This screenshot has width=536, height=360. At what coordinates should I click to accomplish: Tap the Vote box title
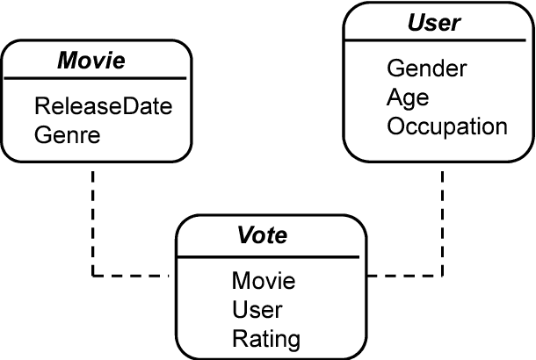point(263,236)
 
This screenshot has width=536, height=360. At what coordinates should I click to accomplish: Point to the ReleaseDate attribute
point(103,107)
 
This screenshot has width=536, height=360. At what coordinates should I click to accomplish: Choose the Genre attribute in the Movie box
point(68,135)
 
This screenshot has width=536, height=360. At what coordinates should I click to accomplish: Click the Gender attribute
point(426,68)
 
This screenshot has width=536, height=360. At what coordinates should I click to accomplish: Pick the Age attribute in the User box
point(407,97)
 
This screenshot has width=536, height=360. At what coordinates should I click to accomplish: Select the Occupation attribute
point(446,126)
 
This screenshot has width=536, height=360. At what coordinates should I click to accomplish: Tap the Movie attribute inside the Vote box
point(264,281)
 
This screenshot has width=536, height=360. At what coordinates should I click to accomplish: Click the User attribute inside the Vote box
point(257,309)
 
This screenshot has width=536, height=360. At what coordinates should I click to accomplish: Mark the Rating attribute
point(265,338)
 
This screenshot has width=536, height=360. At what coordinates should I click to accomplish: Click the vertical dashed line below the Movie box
point(93,220)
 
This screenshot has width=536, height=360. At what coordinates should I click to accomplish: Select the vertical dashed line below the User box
point(442,220)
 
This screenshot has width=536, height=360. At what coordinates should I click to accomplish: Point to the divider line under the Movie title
point(96,79)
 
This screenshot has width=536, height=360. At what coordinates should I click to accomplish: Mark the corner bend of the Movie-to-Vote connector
point(93,276)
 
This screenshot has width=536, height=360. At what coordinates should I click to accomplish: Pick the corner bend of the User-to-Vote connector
point(442,276)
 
